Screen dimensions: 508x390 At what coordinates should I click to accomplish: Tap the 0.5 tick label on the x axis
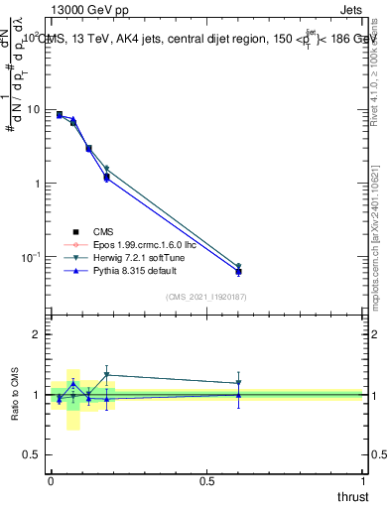206,482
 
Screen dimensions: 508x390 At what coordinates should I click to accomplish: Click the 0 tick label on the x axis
51,482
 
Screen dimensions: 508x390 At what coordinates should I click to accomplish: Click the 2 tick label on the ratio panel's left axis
38,334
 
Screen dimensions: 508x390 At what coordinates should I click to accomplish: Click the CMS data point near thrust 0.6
238,271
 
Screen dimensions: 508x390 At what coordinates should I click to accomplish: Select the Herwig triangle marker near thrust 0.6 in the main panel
238,266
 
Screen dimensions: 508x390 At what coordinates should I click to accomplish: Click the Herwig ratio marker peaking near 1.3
106,375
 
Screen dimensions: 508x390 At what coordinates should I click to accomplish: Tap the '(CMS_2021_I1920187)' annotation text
206,297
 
